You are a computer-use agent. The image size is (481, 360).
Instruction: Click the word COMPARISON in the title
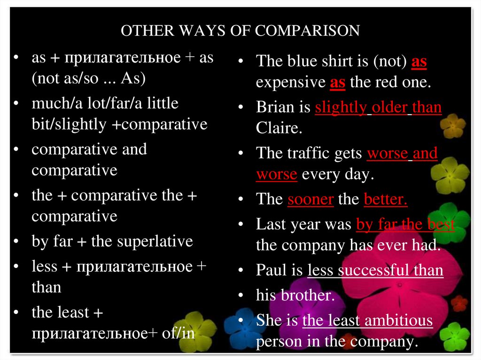(307, 31)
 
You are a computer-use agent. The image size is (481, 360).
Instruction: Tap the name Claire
(277, 128)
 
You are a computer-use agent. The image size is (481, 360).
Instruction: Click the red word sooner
(310, 199)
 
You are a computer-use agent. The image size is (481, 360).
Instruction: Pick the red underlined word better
(385, 199)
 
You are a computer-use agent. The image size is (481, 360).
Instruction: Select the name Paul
(271, 270)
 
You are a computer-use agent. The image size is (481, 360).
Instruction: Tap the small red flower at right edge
(458, 303)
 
